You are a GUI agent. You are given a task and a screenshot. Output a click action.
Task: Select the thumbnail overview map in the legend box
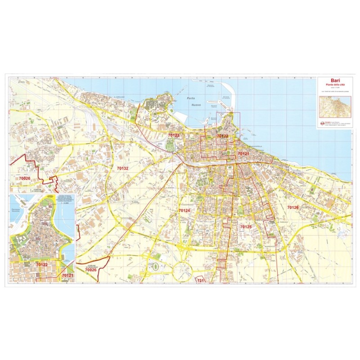(x=333, y=107)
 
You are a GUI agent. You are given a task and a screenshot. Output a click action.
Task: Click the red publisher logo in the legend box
(x=321, y=122)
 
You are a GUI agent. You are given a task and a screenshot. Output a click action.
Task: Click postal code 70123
(x=174, y=135)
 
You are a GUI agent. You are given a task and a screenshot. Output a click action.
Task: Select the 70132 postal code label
(x=122, y=168)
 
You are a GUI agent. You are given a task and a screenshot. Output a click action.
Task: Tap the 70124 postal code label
(x=184, y=211)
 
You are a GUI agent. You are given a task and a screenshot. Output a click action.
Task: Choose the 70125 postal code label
(x=246, y=227)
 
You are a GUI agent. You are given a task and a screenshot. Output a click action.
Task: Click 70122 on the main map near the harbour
(x=222, y=135)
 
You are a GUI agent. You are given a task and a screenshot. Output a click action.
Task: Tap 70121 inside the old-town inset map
(x=67, y=275)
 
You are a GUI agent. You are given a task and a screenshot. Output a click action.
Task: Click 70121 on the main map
(x=243, y=154)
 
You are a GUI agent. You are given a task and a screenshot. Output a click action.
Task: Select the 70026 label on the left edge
(x=24, y=179)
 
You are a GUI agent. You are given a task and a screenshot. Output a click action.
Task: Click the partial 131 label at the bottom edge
(x=200, y=280)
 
